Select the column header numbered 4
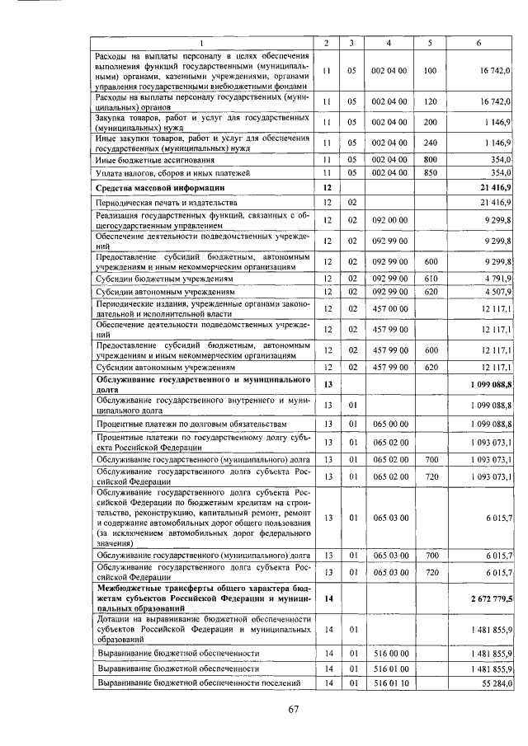pyautogui.click(x=389, y=43)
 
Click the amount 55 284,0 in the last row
pyautogui.click(x=495, y=683)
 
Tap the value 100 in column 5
pyautogui.click(x=429, y=72)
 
